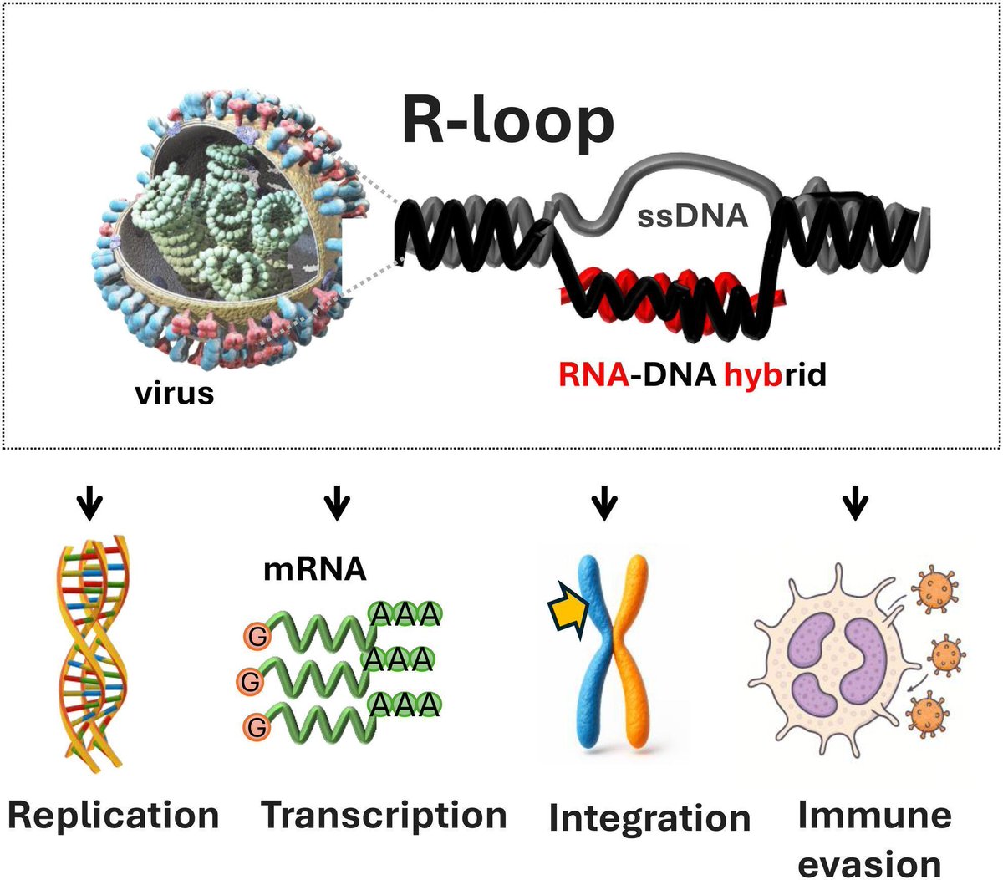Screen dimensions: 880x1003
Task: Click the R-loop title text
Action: point(507,121)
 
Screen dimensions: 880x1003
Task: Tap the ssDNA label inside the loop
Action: point(692,216)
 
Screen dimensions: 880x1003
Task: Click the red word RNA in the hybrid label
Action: point(593,375)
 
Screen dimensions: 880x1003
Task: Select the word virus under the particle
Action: point(175,392)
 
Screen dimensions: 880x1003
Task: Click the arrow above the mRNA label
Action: point(337,505)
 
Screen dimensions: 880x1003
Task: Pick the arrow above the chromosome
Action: point(603,505)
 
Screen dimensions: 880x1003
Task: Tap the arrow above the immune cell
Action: point(854,505)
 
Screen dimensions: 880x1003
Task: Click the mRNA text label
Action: point(314,569)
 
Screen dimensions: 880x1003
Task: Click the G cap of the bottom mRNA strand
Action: point(257,727)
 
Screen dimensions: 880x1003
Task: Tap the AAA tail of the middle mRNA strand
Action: point(398,660)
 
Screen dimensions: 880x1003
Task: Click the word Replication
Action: point(114,815)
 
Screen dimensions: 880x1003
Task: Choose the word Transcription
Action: point(384,815)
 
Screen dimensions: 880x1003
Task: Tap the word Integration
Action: point(649,817)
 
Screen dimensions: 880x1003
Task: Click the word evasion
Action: point(869,863)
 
